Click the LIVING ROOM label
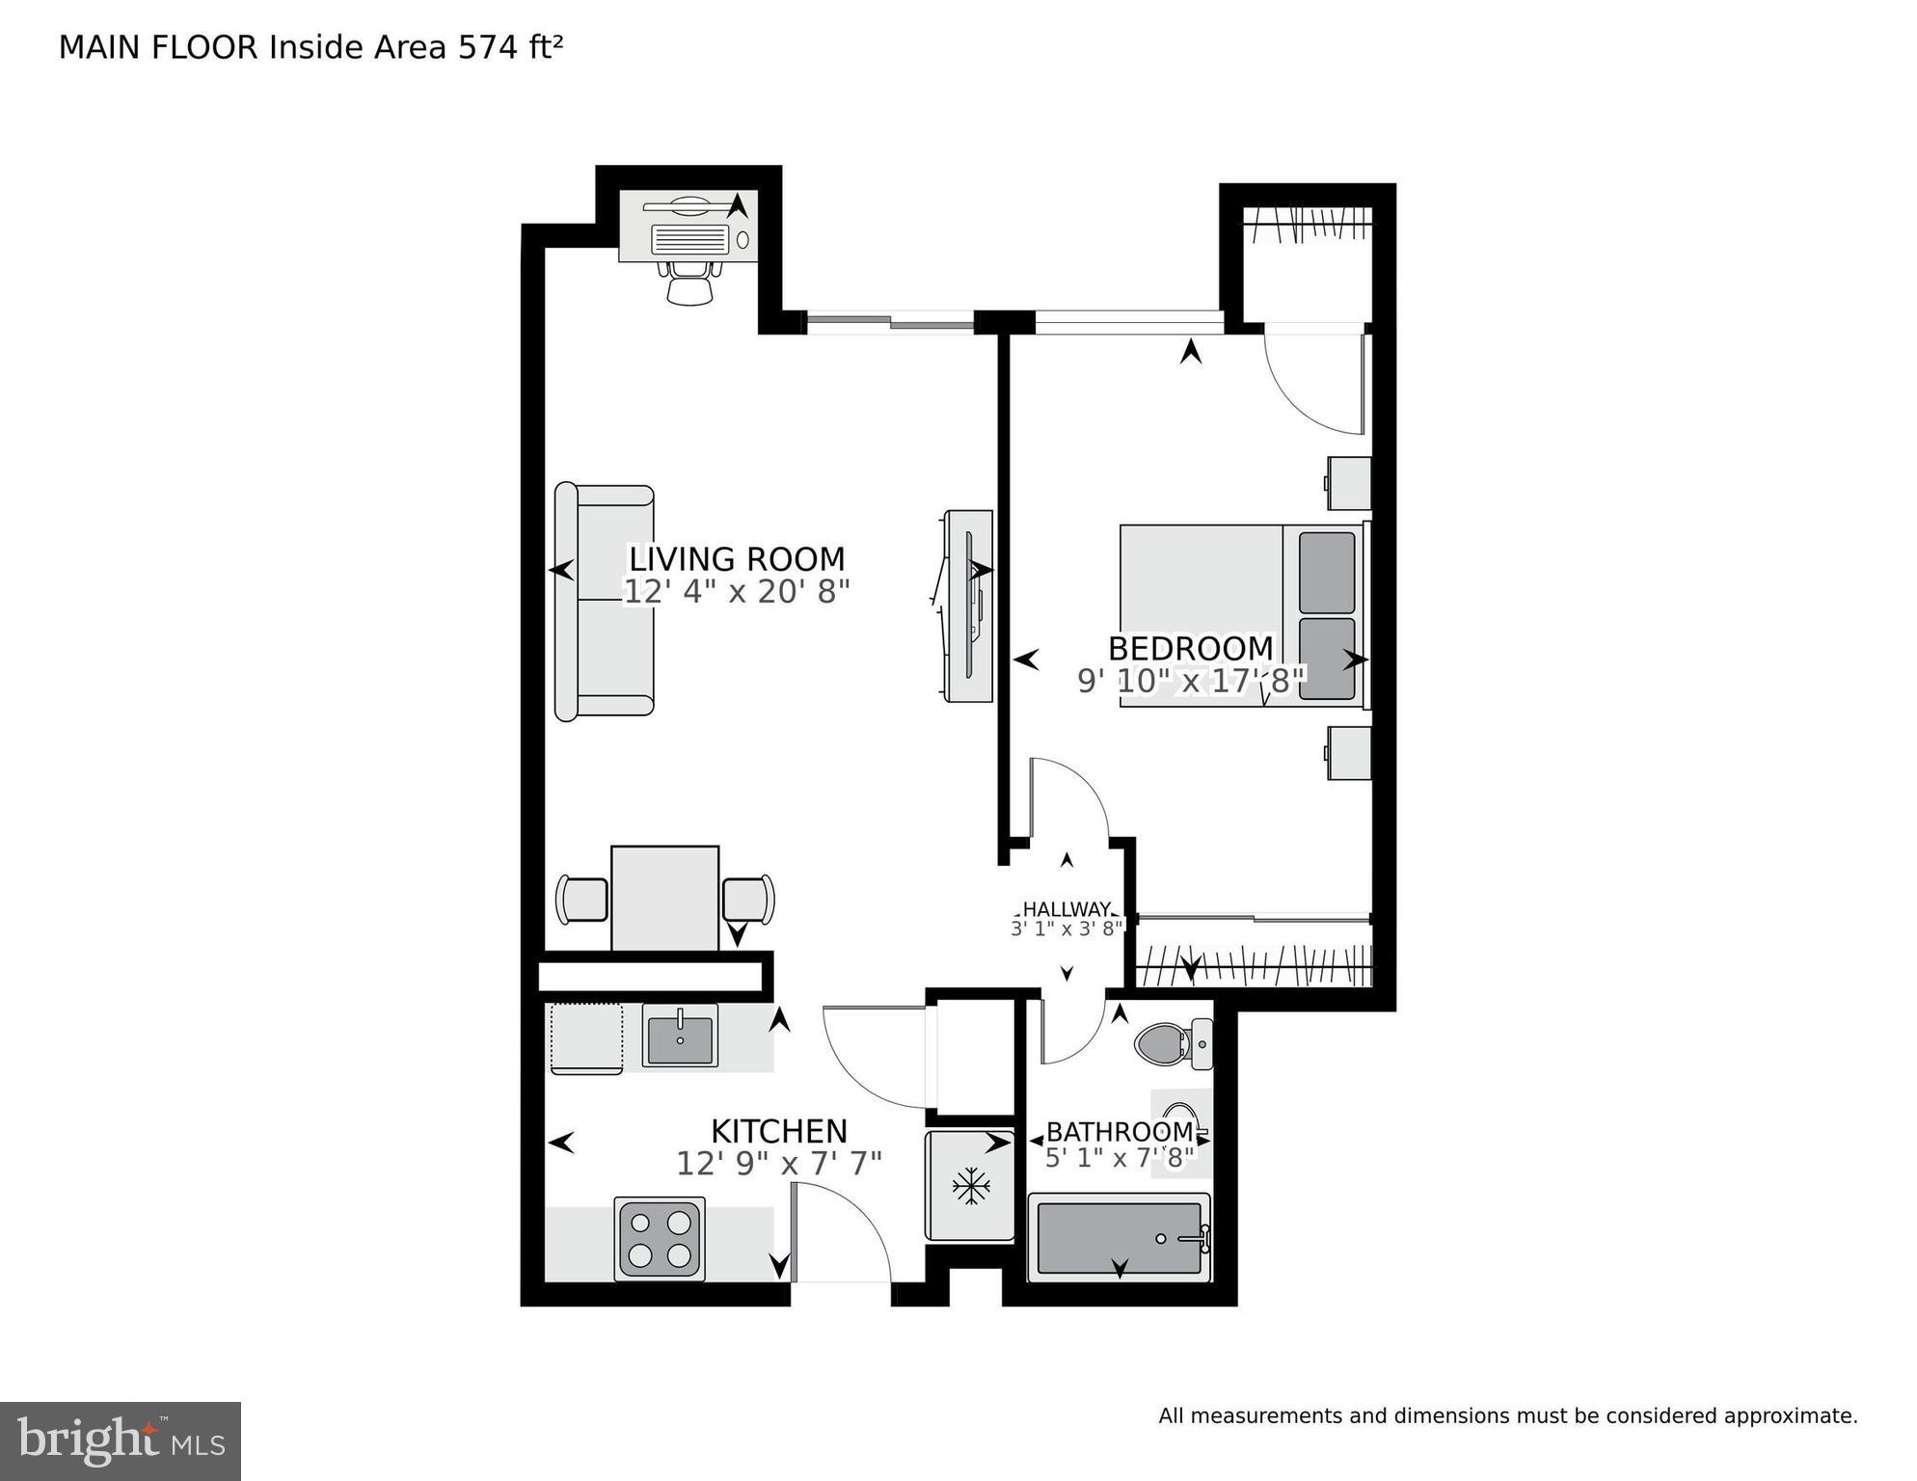(x=737, y=559)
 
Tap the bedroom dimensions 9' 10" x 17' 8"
(x=1190, y=681)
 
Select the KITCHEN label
(x=779, y=1131)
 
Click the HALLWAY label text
(x=1066, y=909)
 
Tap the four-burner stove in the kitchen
(x=660, y=1239)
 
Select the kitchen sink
(x=680, y=1037)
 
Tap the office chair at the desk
(x=690, y=283)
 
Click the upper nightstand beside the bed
(x=1349, y=483)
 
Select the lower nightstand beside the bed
(x=1349, y=753)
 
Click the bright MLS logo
(x=121, y=1441)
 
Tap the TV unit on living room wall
(x=968, y=606)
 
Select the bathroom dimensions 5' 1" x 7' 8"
(x=1119, y=1157)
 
